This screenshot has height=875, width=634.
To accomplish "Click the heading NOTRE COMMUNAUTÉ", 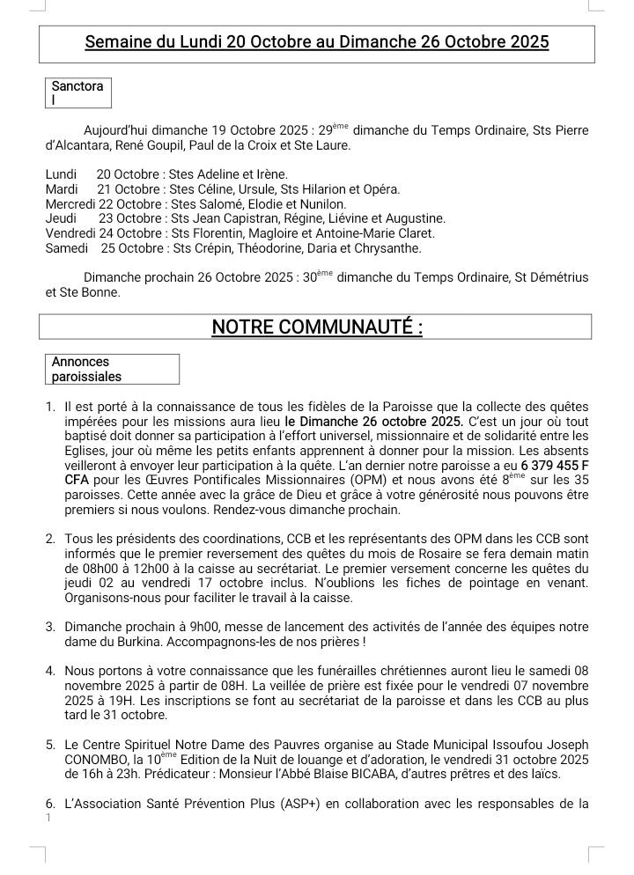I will tap(316, 327).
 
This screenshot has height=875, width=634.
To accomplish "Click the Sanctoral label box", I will tap(78, 93).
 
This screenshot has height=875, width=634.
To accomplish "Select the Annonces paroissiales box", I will tap(112, 369).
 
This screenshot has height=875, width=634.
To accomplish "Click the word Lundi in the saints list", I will tap(61, 174).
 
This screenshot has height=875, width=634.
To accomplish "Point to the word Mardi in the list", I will tap(62, 189).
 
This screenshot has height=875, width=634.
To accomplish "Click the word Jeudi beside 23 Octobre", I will tap(61, 218).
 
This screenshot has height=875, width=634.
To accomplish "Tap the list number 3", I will tap(50, 628).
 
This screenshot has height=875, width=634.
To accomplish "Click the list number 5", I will tap(50, 745).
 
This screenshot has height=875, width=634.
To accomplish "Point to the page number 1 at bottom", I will tap(48, 818).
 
